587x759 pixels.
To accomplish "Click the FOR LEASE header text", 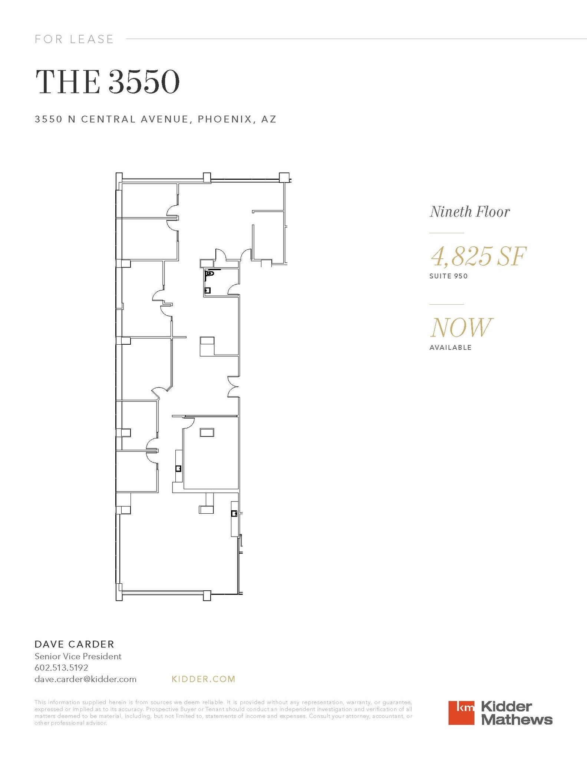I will click(x=74, y=39).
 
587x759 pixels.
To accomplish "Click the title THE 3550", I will click(x=107, y=82).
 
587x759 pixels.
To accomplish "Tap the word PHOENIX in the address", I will click(x=222, y=119).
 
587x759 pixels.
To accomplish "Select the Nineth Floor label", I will click(x=469, y=212).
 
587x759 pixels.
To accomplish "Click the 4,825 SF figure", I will click(x=478, y=256).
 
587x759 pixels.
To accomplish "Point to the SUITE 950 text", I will click(x=448, y=276).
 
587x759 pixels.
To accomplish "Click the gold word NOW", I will click(x=461, y=327).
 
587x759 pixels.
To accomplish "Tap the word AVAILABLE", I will click(x=450, y=348).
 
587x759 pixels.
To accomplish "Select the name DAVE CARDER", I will click(x=74, y=644).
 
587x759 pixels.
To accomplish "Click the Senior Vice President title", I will click(x=78, y=656).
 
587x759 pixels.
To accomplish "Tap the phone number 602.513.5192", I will click(x=61, y=668).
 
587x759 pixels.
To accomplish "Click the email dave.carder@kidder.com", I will click(x=85, y=679).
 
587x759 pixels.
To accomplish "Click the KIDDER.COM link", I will click(x=204, y=679).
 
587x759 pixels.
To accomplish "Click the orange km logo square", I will click(x=461, y=712).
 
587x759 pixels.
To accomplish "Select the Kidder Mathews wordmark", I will click(x=516, y=713).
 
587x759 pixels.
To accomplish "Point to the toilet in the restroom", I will click(x=210, y=274).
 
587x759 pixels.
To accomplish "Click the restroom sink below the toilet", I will click(x=208, y=290).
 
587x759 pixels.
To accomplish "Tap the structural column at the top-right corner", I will click(x=284, y=177).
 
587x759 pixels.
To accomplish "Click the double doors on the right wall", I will click(x=234, y=387).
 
